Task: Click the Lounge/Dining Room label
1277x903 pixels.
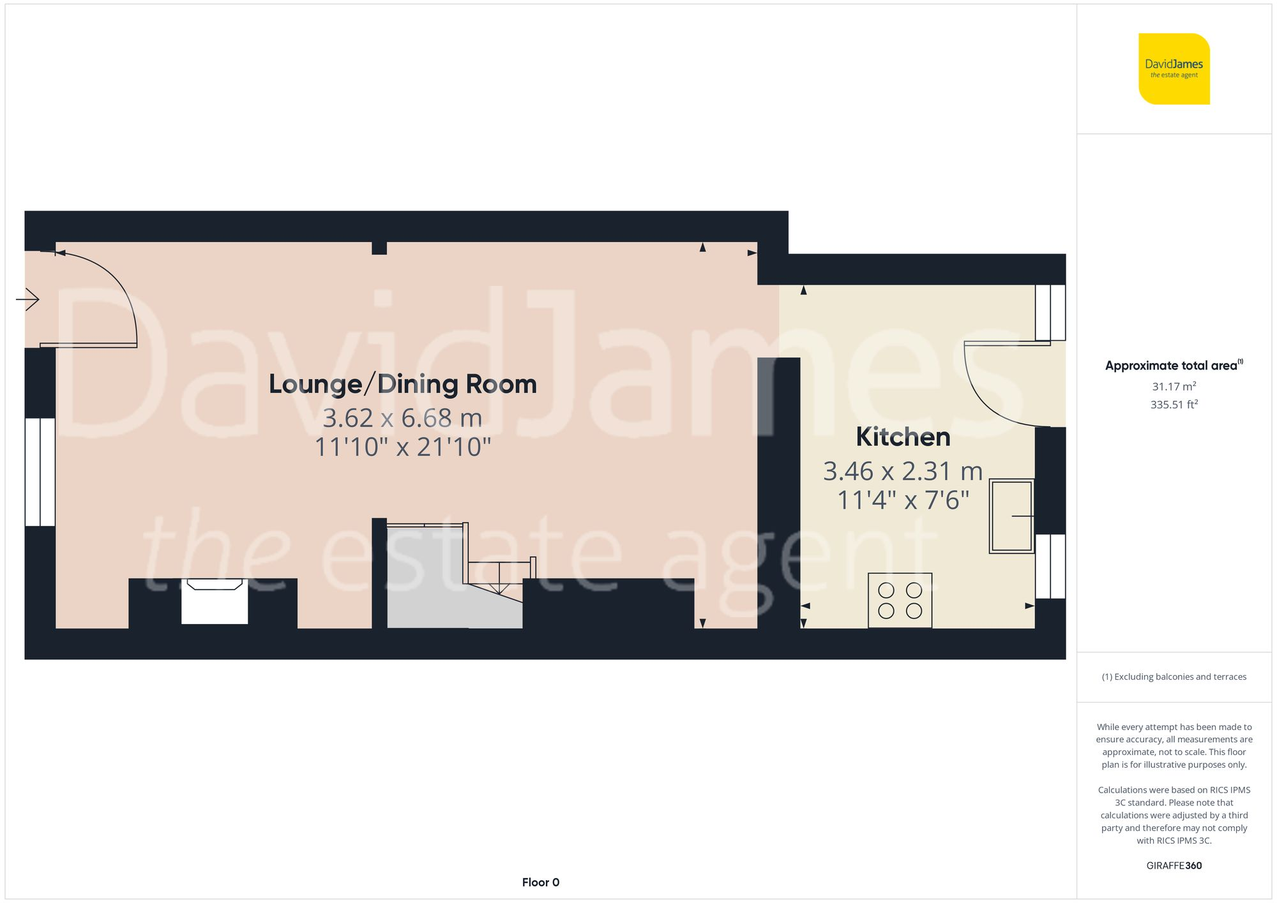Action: pyautogui.click(x=402, y=384)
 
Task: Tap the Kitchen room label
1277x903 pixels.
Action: pyautogui.click(x=903, y=437)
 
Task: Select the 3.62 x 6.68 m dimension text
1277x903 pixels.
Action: pyautogui.click(x=402, y=418)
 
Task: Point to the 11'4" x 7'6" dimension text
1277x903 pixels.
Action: pyautogui.click(x=903, y=500)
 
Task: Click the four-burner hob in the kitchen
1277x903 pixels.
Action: pyautogui.click(x=900, y=601)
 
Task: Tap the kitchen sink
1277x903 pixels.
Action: pyautogui.click(x=1011, y=516)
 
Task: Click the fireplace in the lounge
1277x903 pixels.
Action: pyautogui.click(x=214, y=601)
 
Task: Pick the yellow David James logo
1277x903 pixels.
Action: pyautogui.click(x=1174, y=69)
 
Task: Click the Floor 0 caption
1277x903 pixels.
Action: pyautogui.click(x=540, y=882)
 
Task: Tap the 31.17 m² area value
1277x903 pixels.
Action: pyautogui.click(x=1174, y=386)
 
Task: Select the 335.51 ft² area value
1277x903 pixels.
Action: pyautogui.click(x=1174, y=405)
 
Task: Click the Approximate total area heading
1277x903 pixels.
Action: pyautogui.click(x=1174, y=366)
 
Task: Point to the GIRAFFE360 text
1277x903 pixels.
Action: pyautogui.click(x=1174, y=865)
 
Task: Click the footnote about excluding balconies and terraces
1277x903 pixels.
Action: pyautogui.click(x=1174, y=676)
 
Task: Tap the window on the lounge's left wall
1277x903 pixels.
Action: pyautogui.click(x=40, y=472)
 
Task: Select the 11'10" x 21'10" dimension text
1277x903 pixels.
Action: pyautogui.click(x=402, y=447)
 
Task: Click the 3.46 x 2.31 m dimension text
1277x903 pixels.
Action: pyautogui.click(x=903, y=472)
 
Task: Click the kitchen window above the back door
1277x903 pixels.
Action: pyautogui.click(x=1050, y=312)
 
